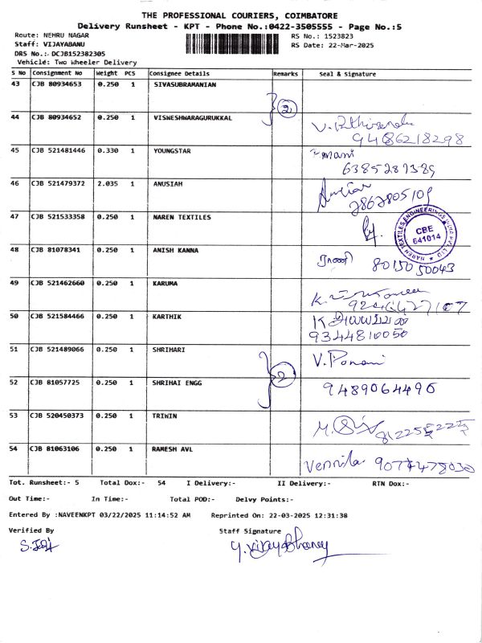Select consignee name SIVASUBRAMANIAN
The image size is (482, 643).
[x=182, y=84]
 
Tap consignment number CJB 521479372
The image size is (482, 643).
[x=57, y=183]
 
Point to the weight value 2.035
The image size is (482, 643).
[x=107, y=183]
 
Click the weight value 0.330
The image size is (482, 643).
[x=107, y=150]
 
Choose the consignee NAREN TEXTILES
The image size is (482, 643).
[x=182, y=217]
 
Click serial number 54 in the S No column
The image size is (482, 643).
[x=14, y=448]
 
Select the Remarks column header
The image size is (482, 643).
[x=285, y=73]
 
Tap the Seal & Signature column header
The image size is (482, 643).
[x=347, y=73]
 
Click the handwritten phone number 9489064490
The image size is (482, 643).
[x=379, y=388]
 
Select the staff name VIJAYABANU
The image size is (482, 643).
[x=63, y=45]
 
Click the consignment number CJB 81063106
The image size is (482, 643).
[x=56, y=448]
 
